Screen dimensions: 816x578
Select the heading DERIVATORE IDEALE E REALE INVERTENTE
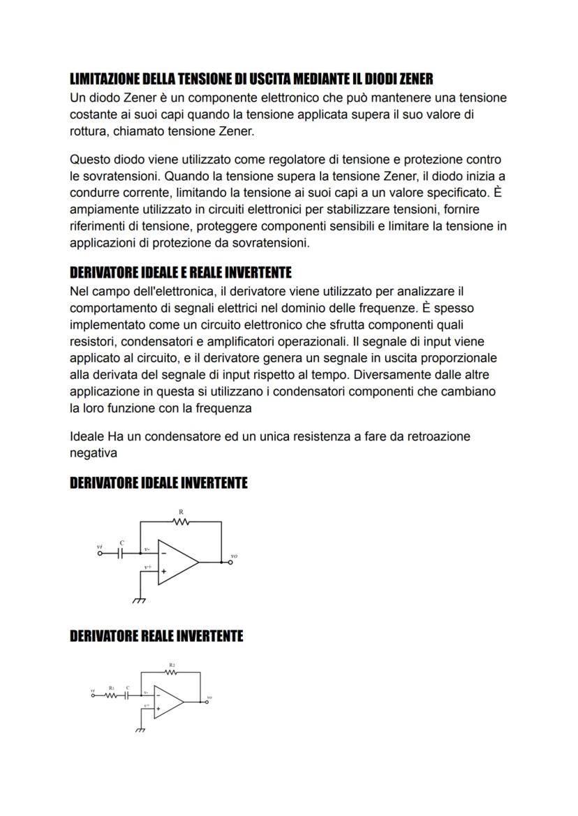coord(180,272)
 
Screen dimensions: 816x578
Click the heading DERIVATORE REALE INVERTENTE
coord(156,636)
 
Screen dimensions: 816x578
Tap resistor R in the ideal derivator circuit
coord(181,521)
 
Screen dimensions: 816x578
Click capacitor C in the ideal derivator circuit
coord(121,553)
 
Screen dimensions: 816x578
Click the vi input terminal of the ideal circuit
coord(100,553)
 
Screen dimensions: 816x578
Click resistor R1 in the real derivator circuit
coord(110,695)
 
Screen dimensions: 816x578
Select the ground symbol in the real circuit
coord(140,729)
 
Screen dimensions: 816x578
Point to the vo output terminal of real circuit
coord(205,701)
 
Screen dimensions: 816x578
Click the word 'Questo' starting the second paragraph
coord(89,161)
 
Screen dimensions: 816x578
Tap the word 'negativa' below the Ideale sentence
coord(93,452)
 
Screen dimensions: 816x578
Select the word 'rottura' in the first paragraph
coord(88,130)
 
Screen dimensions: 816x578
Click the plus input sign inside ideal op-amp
coord(164,571)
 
